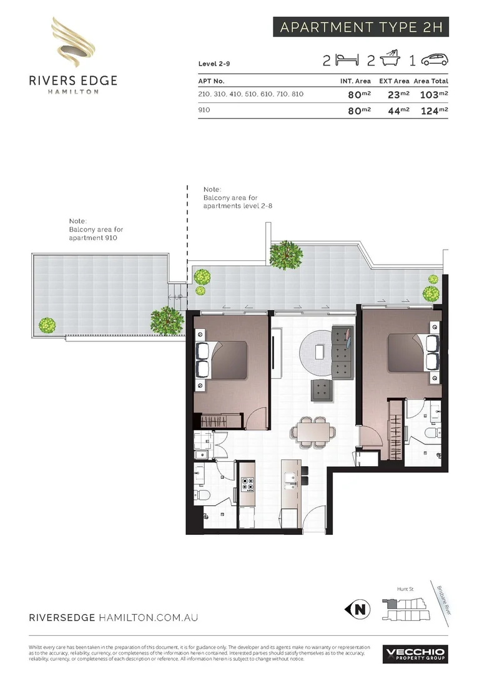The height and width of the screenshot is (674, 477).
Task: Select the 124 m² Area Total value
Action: point(435,110)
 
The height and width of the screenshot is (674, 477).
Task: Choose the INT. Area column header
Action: point(355,81)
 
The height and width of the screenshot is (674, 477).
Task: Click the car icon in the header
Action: point(435,60)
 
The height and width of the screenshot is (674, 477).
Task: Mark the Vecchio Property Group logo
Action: point(415,653)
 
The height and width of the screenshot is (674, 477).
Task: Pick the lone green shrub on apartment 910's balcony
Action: point(47,325)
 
